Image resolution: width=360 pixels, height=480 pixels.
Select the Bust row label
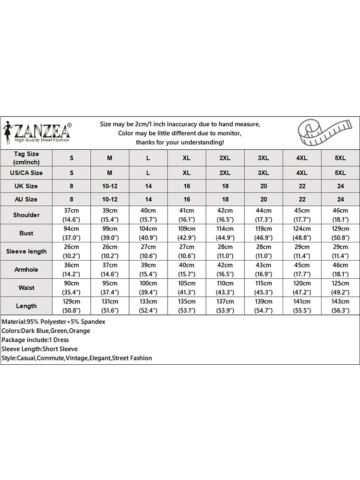[x=26, y=233]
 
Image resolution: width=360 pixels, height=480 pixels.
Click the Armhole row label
[x=26, y=270]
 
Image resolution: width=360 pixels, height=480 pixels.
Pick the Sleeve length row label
[x=26, y=252]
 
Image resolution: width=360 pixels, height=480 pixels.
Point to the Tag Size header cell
[x=26, y=157]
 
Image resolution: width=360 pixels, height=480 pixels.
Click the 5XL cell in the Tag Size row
[x=340, y=158]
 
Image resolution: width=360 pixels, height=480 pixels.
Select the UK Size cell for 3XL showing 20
[x=264, y=186]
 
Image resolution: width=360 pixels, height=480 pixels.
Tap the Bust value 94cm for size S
[x=72, y=233]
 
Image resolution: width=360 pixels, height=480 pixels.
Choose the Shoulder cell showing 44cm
[x=264, y=215]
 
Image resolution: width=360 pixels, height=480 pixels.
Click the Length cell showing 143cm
[x=340, y=306]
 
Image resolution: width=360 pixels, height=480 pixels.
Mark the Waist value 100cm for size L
[x=148, y=288]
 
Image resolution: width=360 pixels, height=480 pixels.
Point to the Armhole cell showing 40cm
[x=187, y=270]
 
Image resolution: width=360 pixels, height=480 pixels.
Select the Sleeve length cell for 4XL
[x=302, y=252]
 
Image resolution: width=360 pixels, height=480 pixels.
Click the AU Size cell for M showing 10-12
[x=110, y=199]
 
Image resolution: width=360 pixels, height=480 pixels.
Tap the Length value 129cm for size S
[x=72, y=306]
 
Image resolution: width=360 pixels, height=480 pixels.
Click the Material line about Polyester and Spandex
[x=54, y=322]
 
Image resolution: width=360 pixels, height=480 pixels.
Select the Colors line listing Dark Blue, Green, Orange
[x=46, y=331]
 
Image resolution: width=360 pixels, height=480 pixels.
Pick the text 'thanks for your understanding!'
[x=180, y=143]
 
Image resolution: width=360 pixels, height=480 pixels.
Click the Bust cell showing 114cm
[x=225, y=233]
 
